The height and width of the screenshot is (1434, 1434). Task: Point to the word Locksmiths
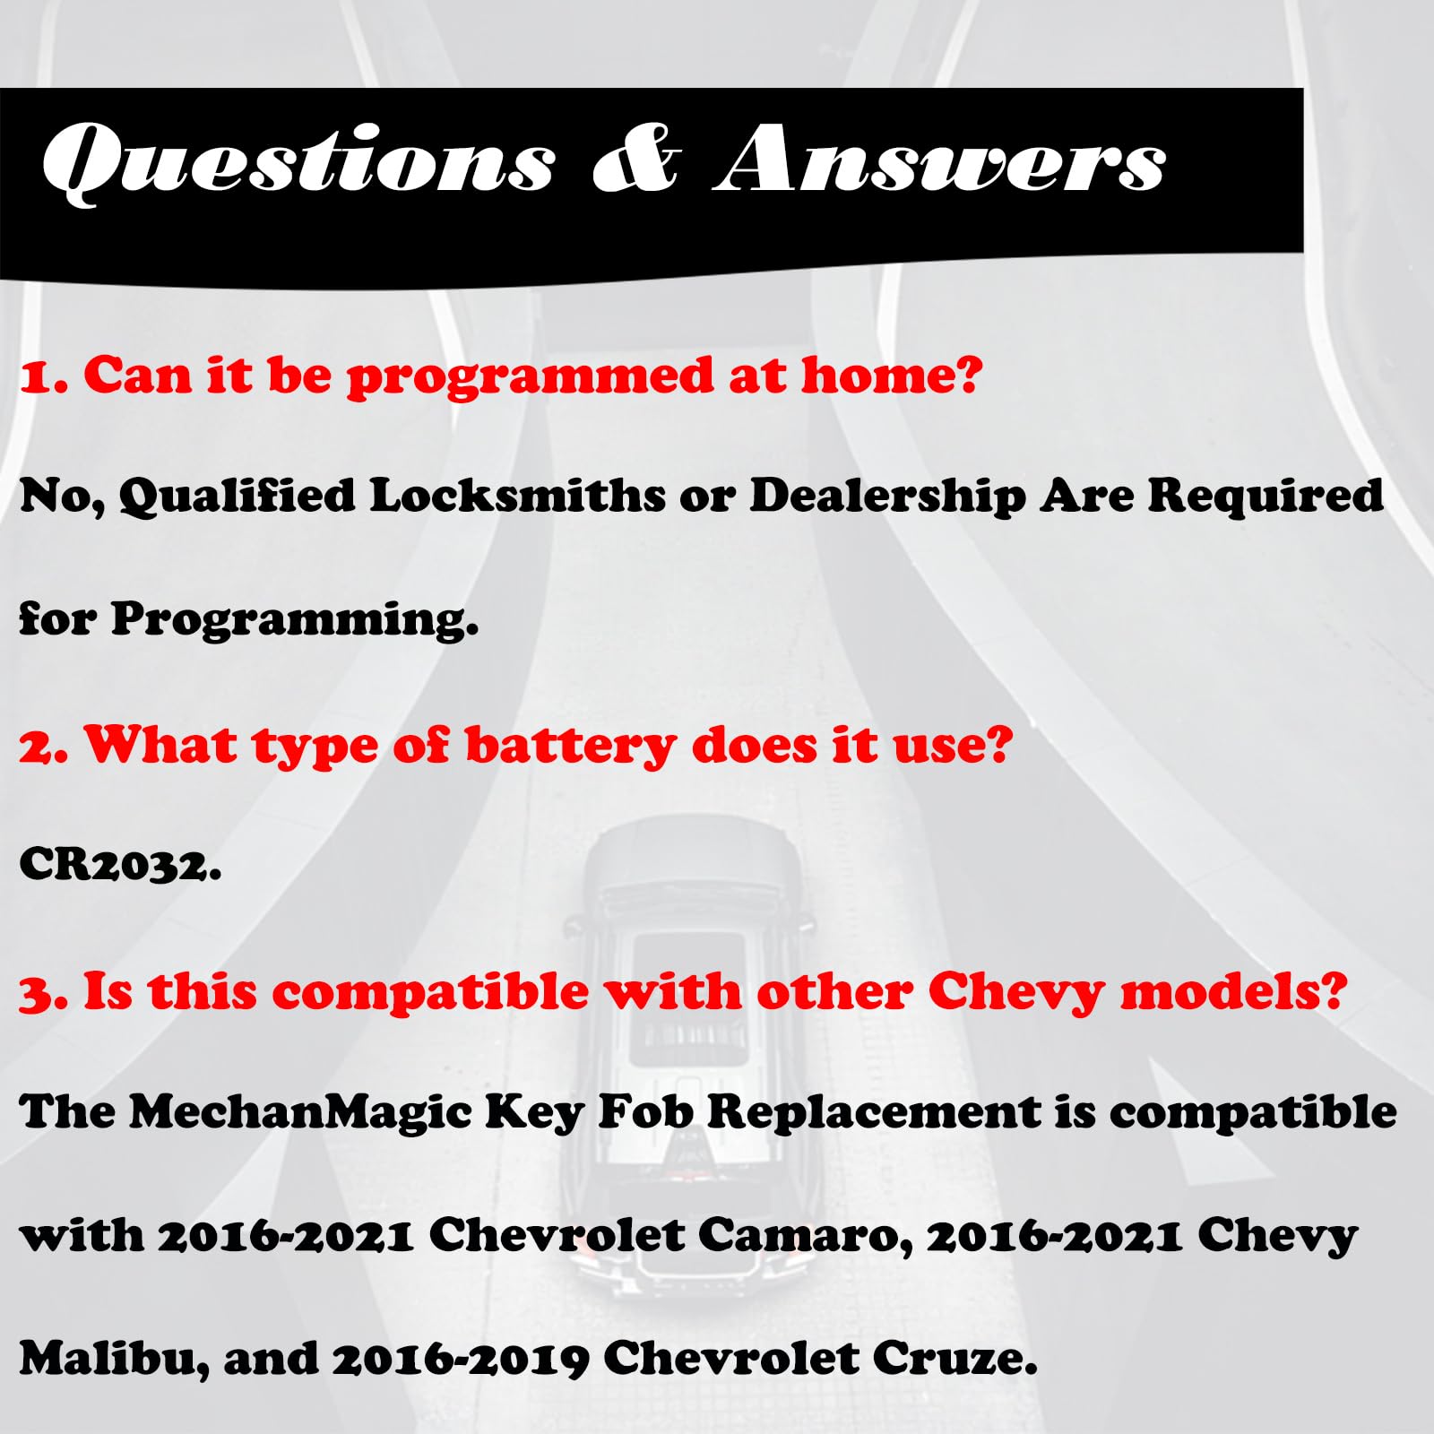coord(517,495)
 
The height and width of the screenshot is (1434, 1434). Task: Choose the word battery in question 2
coord(571,747)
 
